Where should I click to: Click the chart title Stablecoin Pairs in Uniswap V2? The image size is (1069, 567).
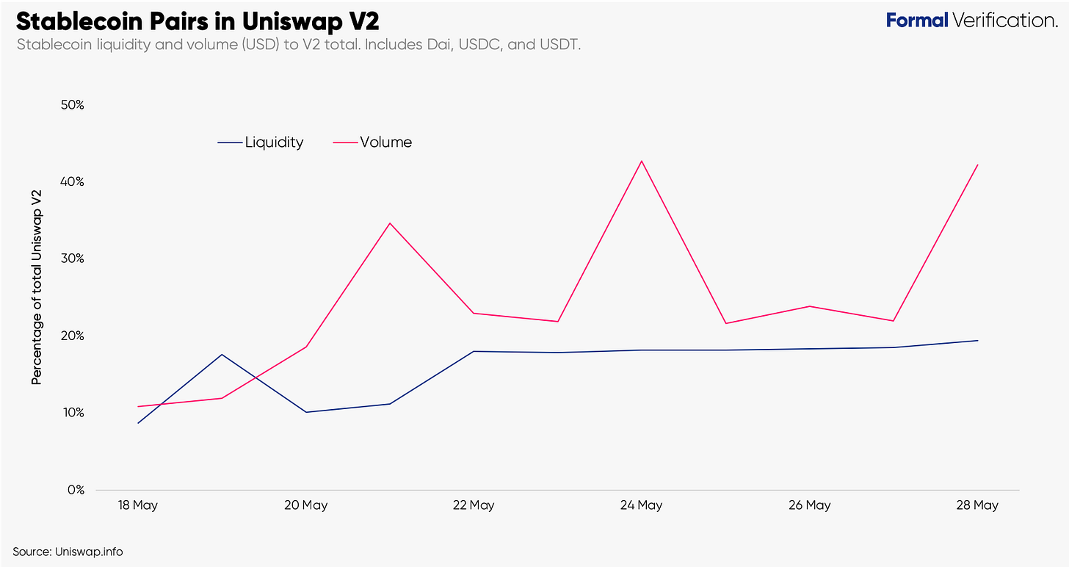pyautogui.click(x=198, y=21)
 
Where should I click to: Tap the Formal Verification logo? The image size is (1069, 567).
pyautogui.click(x=971, y=21)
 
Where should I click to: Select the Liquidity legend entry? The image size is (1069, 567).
pyautogui.click(x=261, y=142)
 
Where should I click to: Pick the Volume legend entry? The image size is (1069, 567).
pyautogui.click(x=372, y=142)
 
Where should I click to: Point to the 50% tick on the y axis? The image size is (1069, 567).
pyautogui.click(x=73, y=105)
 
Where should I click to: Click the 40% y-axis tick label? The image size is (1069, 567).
pyautogui.click(x=73, y=182)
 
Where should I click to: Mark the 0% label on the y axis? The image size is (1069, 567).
pyautogui.click(x=76, y=490)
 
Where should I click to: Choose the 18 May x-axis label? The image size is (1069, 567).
pyautogui.click(x=138, y=505)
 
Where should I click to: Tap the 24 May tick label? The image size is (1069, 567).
pyautogui.click(x=642, y=505)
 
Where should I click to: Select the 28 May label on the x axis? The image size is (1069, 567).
pyautogui.click(x=977, y=505)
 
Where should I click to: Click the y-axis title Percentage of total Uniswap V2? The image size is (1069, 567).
pyautogui.click(x=37, y=287)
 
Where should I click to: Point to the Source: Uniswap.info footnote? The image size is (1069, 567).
pyautogui.click(x=68, y=552)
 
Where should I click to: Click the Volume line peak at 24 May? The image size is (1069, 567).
pyautogui.click(x=642, y=161)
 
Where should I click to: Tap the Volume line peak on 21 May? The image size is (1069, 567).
pyautogui.click(x=390, y=223)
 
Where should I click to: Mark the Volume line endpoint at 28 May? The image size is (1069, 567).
pyautogui.click(x=978, y=165)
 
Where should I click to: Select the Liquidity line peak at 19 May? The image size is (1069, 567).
pyautogui.click(x=222, y=354)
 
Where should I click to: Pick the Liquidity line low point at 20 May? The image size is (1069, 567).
pyautogui.click(x=306, y=412)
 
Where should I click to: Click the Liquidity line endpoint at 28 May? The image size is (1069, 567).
pyautogui.click(x=978, y=340)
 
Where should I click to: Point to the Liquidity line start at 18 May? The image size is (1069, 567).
pyautogui.click(x=138, y=423)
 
